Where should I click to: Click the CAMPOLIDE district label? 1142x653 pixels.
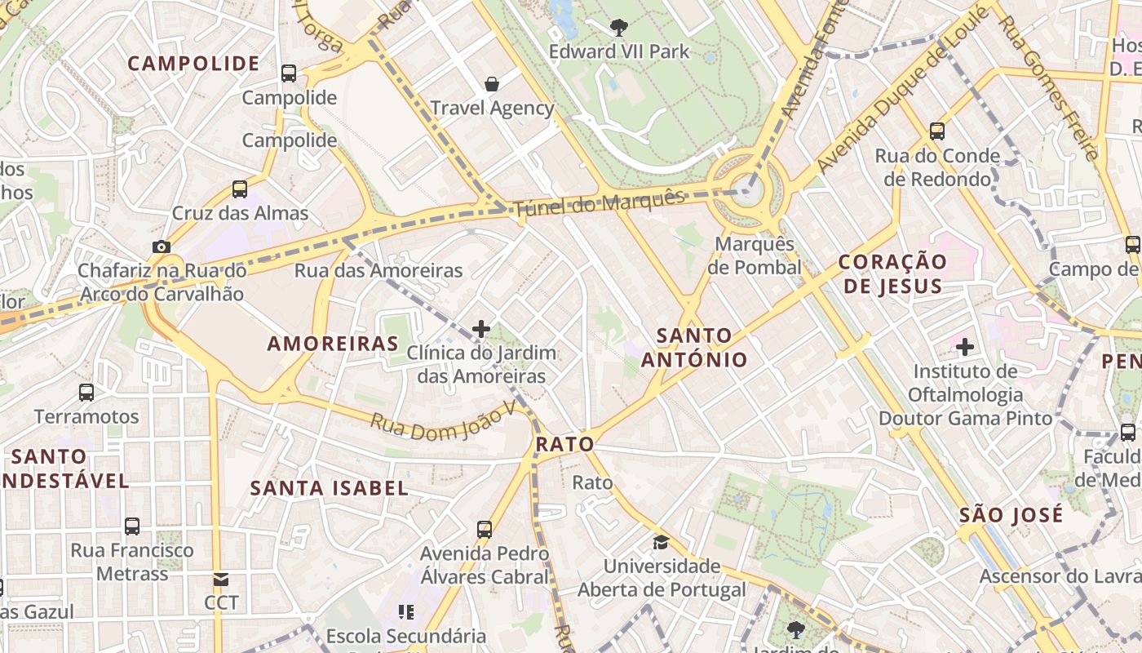click(193, 64)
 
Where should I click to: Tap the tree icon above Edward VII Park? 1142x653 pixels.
click(619, 27)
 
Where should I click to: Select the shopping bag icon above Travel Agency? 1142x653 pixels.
click(492, 83)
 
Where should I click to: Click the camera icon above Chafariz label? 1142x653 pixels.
click(161, 247)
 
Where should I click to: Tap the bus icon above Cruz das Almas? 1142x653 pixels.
click(239, 189)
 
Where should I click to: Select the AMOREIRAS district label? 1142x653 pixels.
click(333, 344)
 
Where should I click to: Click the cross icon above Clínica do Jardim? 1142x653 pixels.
click(481, 329)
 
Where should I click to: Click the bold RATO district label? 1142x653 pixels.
click(564, 445)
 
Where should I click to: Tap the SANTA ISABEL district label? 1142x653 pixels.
click(329, 488)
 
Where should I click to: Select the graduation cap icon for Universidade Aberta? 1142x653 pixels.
click(661, 542)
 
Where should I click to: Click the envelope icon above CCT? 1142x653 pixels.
click(221, 580)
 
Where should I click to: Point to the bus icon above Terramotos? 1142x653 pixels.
click(86, 393)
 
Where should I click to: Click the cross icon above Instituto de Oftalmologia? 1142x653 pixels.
click(965, 348)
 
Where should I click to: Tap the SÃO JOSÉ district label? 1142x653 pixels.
click(1011, 514)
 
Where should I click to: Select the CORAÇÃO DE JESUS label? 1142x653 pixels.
click(893, 274)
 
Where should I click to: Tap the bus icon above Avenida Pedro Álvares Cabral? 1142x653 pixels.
click(485, 530)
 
